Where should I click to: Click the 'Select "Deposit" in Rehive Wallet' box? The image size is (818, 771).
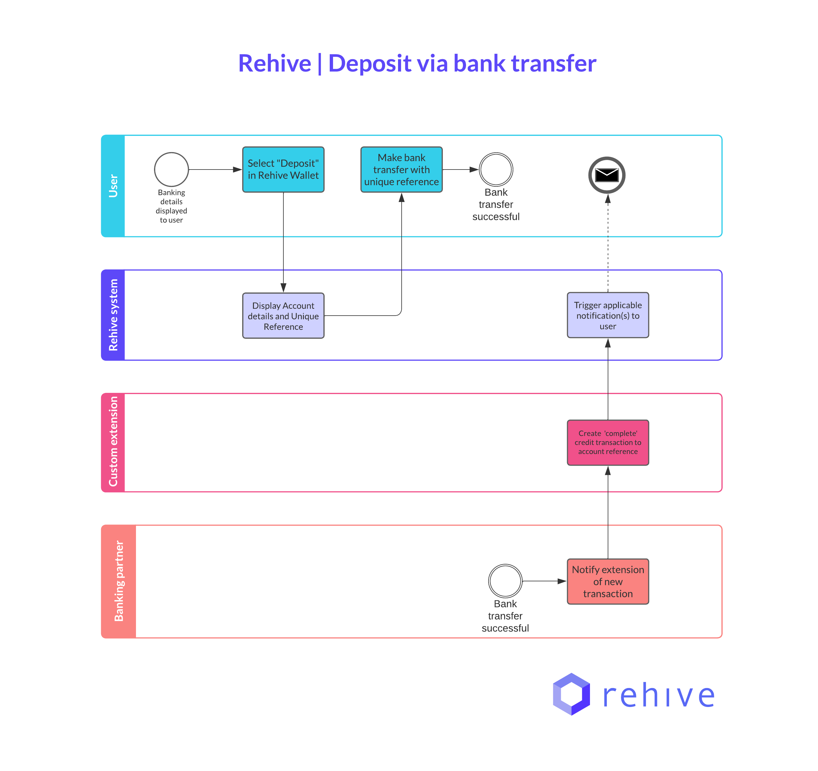click(x=283, y=170)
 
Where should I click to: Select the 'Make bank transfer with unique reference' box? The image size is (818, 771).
click(x=401, y=170)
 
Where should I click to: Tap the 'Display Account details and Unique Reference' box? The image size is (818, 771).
click(x=283, y=316)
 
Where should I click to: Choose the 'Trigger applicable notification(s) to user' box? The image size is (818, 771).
click(x=608, y=315)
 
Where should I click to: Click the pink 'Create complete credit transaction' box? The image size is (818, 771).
click(x=608, y=442)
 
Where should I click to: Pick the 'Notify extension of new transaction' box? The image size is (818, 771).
click(x=608, y=581)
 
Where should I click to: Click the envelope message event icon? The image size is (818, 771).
click(x=607, y=175)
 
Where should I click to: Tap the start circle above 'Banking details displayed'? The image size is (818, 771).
click(x=171, y=170)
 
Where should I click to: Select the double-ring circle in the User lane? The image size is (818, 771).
click(x=496, y=170)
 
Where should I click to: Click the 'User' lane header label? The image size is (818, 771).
click(x=113, y=186)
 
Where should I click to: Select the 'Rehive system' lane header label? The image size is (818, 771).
click(x=113, y=315)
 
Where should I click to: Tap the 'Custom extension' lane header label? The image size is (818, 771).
click(x=113, y=442)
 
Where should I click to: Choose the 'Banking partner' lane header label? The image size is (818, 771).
click(x=119, y=581)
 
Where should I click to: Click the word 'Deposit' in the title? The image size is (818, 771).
click(x=369, y=63)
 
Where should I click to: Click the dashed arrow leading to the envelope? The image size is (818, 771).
click(x=608, y=247)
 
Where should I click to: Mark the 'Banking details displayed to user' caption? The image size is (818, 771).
click(x=171, y=206)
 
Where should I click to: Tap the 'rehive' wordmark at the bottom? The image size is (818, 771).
click(x=658, y=696)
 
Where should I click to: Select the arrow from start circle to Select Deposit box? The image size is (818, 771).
click(x=214, y=170)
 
